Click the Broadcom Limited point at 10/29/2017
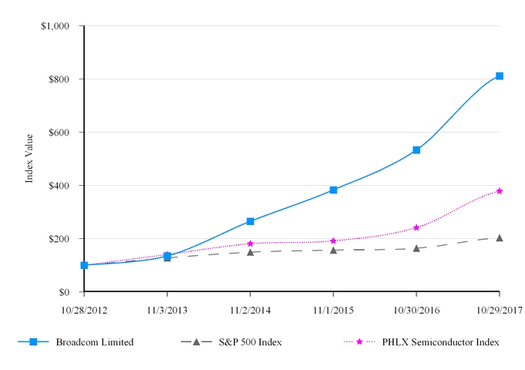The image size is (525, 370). tap(500, 76)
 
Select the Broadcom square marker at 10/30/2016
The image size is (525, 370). tap(416, 150)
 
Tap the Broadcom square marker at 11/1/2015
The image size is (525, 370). tap(333, 190)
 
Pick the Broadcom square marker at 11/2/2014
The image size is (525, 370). tap(250, 221)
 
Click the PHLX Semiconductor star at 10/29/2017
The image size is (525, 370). tap(500, 190)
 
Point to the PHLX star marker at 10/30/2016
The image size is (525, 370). tap(416, 227)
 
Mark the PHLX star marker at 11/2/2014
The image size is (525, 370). tap(250, 244)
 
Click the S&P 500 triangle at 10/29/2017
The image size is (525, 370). tap(500, 237)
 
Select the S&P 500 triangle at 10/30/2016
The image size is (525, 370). tap(416, 248)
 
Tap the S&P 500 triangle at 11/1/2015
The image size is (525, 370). tap(333, 250)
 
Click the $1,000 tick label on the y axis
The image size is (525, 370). tap(55, 26)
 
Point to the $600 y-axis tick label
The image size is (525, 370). tap(59, 133)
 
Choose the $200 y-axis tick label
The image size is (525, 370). tap(59, 239)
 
